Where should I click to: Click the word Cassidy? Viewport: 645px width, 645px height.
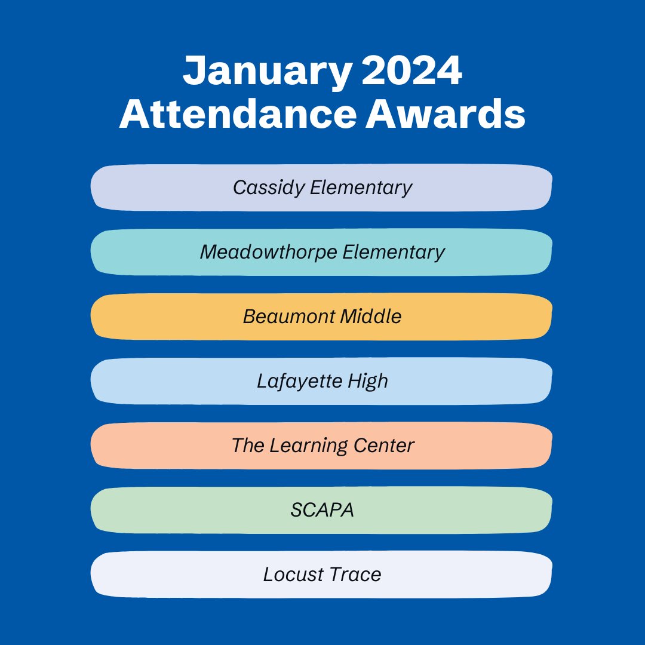[269, 188]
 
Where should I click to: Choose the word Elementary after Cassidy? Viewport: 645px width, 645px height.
[361, 188]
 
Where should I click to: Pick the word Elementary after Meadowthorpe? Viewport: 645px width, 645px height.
[394, 252]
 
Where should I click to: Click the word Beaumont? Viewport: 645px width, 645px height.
[288, 317]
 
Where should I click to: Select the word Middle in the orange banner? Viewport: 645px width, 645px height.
[371, 317]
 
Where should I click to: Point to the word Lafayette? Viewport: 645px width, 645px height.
[291, 381]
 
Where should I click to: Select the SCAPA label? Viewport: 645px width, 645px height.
[322, 510]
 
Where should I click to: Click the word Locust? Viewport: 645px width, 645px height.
[292, 575]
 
